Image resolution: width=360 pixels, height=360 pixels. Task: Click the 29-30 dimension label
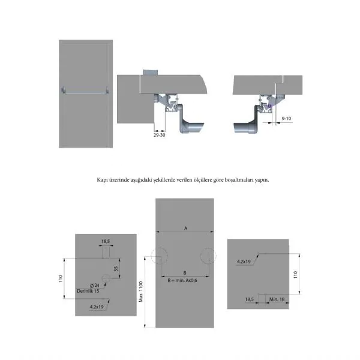(160, 135)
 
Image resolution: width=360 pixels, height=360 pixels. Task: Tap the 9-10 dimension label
(286, 118)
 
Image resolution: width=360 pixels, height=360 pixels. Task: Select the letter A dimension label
(186, 228)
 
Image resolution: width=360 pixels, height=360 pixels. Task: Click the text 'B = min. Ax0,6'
(182, 280)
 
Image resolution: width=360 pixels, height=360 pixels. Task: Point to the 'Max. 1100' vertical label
(141, 292)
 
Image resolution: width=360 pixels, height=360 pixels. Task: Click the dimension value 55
(116, 269)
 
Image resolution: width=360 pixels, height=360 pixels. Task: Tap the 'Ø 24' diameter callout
(95, 286)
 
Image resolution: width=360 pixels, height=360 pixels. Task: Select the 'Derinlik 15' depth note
(88, 291)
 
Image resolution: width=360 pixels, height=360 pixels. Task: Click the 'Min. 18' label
(277, 299)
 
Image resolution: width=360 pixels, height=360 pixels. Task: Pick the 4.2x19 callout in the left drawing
(97, 307)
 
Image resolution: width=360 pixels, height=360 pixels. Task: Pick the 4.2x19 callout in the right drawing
(244, 262)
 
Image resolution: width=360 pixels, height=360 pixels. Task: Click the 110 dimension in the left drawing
(61, 278)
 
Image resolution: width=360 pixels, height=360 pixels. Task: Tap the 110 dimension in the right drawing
(295, 275)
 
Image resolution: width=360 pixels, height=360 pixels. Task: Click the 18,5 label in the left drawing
(106, 241)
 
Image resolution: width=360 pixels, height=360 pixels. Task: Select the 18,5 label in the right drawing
(250, 299)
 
